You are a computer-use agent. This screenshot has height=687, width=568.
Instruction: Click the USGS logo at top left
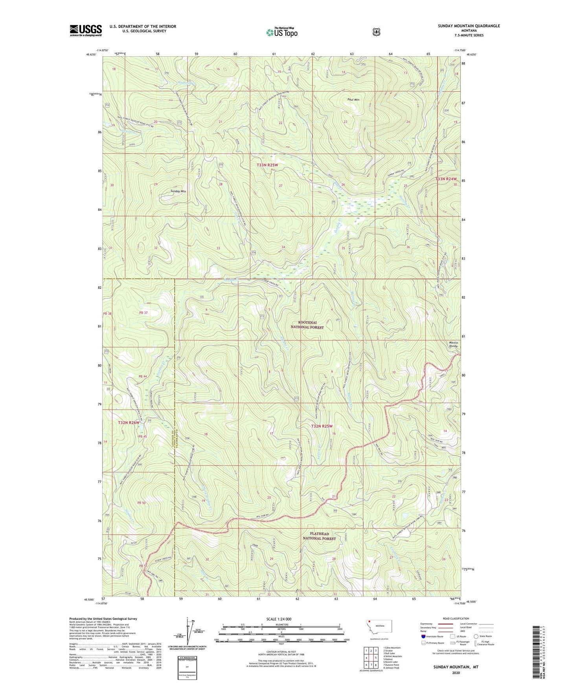(x=86, y=30)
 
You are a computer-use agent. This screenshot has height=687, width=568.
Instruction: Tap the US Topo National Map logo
(x=281, y=32)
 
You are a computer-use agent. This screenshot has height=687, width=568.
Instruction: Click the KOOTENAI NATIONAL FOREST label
(x=307, y=325)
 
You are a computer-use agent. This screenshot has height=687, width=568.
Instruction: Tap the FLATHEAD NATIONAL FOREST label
(x=319, y=536)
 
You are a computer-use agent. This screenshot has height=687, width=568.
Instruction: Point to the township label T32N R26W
(x=129, y=423)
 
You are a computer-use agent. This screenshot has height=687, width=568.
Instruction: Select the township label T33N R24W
(x=446, y=179)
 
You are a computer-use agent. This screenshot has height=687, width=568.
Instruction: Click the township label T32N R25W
(x=322, y=426)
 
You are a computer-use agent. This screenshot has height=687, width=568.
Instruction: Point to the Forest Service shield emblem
(x=376, y=32)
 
